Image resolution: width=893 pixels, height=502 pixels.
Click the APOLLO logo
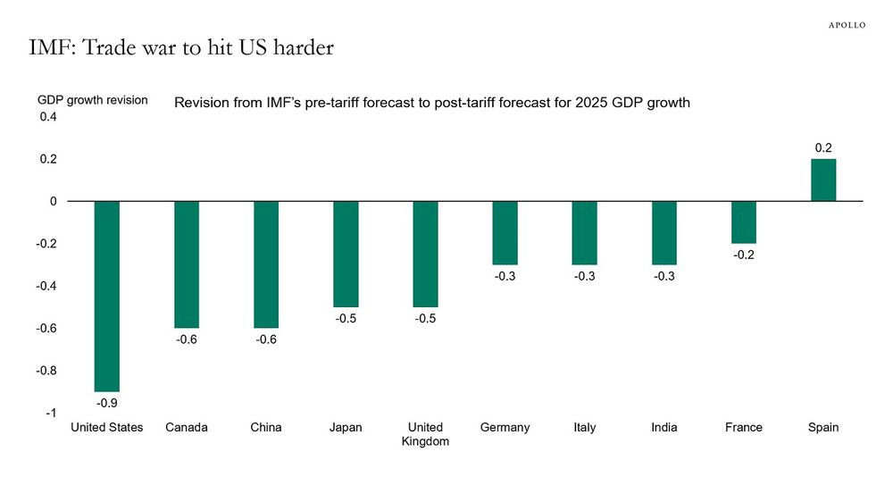pyautogui.click(x=842, y=24)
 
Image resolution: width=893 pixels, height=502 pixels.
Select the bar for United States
pyautogui.click(x=106, y=296)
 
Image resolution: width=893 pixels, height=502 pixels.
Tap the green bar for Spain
pyautogui.click(x=822, y=180)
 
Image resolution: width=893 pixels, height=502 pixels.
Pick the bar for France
pyautogui.click(x=743, y=222)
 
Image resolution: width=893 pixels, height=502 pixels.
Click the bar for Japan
pyautogui.click(x=346, y=254)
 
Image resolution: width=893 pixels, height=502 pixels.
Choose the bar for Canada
pyautogui.click(x=187, y=264)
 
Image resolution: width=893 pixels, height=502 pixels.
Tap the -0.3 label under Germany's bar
pyautogui.click(x=505, y=277)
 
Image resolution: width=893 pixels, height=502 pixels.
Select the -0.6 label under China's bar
pyautogui.click(x=266, y=340)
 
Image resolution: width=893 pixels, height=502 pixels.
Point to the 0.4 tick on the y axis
pyautogui.click(x=48, y=117)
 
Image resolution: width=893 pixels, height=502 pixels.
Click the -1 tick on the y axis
pyautogui.click(x=52, y=414)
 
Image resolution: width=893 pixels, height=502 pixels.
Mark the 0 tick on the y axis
pyautogui.click(x=54, y=202)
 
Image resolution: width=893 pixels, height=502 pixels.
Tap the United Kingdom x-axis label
pyautogui.click(x=425, y=434)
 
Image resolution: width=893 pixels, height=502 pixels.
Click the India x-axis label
pyautogui.click(x=663, y=428)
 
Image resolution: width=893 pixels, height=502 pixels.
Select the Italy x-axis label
pyautogui.click(x=585, y=428)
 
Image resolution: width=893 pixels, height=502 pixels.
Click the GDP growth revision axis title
pyautogui.click(x=92, y=100)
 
